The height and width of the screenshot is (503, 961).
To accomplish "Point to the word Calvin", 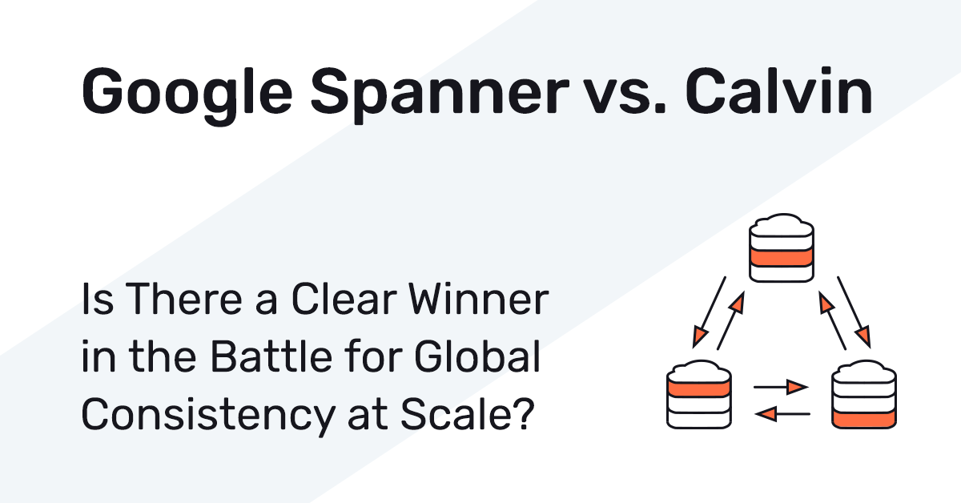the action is pos(778,92).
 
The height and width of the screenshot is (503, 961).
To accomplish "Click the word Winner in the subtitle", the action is pos(479,299).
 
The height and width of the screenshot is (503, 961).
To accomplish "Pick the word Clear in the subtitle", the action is pos(344,299).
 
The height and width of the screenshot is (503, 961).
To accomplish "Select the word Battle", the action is pos(271,356).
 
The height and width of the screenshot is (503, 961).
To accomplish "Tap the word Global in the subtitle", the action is pos(477,356).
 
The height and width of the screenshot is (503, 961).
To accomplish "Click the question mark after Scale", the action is pos(525,414).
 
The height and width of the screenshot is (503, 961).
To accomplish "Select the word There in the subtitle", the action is pos(183,299).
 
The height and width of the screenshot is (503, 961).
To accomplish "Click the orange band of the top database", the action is pos(782,258).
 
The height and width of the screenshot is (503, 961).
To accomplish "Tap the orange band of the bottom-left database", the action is pos(699,388).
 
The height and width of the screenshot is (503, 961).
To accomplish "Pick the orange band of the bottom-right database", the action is pos(863,419).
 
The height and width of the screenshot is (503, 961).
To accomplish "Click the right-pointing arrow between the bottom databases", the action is pos(781,387).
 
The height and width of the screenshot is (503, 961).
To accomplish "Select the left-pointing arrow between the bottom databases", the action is pos(782,414).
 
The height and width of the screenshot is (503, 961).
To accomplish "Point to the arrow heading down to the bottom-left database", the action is pos(710,312).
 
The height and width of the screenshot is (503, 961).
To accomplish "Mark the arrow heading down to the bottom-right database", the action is pos(854,312).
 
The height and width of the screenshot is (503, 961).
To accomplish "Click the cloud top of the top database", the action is pos(782,226).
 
